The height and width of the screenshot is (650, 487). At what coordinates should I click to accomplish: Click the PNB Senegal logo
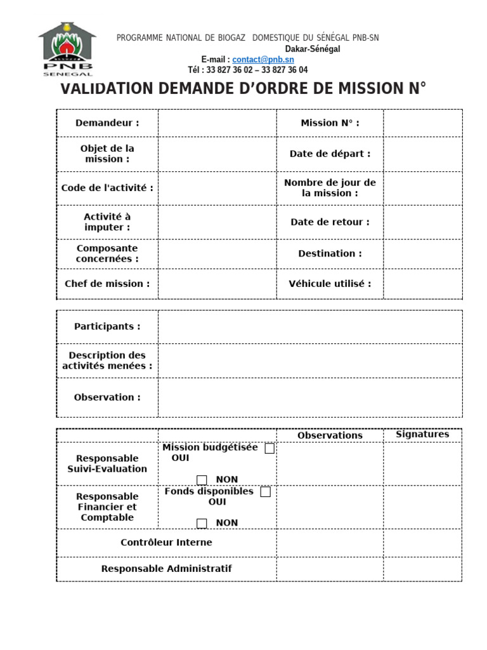pyautogui.click(x=67, y=50)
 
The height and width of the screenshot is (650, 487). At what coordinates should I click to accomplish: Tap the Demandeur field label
pyautogui.click(x=107, y=123)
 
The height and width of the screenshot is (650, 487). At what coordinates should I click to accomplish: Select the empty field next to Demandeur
pyautogui.click(x=217, y=123)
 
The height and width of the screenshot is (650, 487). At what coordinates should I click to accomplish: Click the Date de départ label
pyautogui.click(x=330, y=154)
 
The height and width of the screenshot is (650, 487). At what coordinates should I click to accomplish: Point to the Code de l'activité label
pyautogui.click(x=107, y=188)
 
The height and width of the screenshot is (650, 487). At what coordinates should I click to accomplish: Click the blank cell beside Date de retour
pyautogui.click(x=422, y=222)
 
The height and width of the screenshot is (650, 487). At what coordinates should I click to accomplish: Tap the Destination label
pyautogui.click(x=330, y=253)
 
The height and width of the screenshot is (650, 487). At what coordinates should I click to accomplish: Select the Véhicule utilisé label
pyautogui.click(x=330, y=284)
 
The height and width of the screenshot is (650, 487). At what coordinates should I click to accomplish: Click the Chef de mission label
pyautogui.click(x=107, y=284)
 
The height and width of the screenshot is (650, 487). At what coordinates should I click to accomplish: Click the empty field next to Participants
pyautogui.click(x=309, y=327)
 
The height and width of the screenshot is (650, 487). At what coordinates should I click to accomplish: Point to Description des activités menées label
pyautogui.click(x=107, y=361)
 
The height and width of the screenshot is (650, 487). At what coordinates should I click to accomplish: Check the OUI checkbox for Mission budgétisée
pyautogui.click(x=269, y=449)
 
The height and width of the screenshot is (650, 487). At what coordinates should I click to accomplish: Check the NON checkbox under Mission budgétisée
pyautogui.click(x=202, y=480)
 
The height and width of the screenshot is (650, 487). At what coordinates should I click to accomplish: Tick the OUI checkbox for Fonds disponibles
pyautogui.click(x=265, y=492)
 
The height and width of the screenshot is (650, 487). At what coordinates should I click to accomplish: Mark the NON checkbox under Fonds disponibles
pyautogui.click(x=202, y=523)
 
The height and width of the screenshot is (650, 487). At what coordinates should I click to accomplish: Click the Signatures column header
pyautogui.click(x=422, y=435)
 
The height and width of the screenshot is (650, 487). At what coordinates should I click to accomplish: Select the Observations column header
pyautogui.click(x=330, y=435)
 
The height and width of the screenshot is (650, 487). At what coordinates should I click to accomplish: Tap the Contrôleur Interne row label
pyautogui.click(x=166, y=543)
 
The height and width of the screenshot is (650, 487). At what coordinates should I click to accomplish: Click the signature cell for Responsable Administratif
pyautogui.click(x=422, y=569)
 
